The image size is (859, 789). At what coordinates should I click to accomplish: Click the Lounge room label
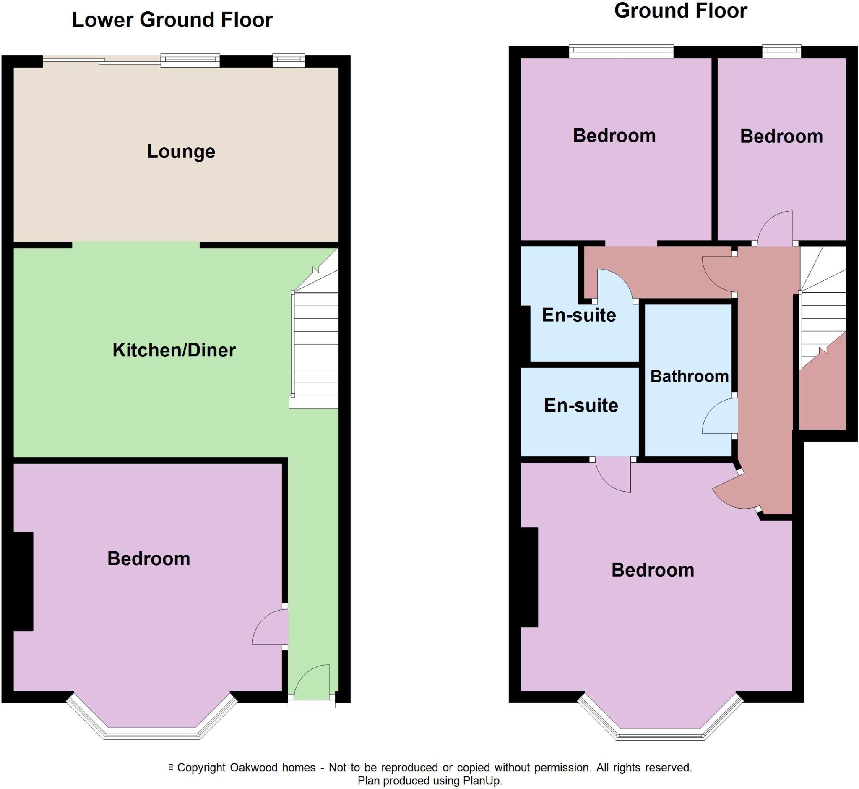181,152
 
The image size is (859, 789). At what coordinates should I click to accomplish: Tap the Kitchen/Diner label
174,351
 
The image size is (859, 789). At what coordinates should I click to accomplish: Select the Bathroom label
689,377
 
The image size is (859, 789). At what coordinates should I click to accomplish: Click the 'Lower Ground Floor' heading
172,20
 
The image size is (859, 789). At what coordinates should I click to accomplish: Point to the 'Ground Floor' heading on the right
680,10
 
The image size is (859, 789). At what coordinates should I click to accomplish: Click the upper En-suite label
579,315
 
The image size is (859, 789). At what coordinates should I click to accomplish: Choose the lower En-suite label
581,406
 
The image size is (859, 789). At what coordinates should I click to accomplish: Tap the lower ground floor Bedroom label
148,559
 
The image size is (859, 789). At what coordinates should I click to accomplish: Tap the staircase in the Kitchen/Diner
315,341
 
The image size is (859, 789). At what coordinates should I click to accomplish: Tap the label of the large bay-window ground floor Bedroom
653,570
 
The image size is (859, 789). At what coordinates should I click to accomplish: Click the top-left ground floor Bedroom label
614,136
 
